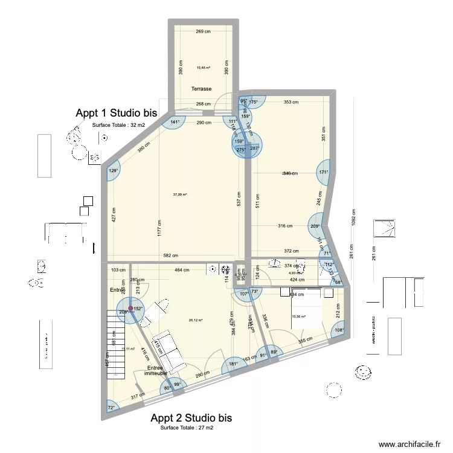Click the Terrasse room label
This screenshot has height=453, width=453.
coord(202,89)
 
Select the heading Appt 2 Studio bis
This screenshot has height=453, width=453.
coord(191,418)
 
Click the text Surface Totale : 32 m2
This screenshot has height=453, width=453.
coord(118,125)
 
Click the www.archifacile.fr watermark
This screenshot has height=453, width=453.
coord(410,444)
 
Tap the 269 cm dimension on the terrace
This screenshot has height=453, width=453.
coord(202,32)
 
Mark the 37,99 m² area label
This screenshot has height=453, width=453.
coord(180,194)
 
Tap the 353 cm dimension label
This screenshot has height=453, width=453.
coord(291,103)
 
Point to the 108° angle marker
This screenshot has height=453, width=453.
coord(339,330)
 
